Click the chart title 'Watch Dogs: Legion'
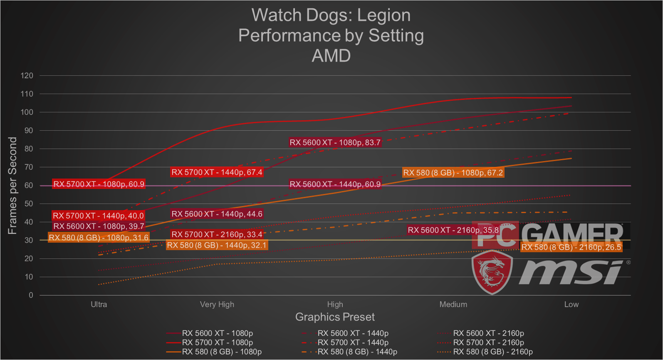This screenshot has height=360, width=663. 331,15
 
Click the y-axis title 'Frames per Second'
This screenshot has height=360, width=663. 12,186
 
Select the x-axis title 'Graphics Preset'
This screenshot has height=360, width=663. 335,317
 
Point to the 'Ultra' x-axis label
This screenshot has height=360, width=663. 99,304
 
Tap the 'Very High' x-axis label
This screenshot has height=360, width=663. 217,304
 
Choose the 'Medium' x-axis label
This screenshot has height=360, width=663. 453,304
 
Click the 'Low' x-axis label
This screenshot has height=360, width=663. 571,304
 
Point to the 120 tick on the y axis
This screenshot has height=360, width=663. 27,76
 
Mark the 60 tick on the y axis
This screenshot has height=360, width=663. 29,186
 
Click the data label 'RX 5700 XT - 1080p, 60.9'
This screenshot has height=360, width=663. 99,184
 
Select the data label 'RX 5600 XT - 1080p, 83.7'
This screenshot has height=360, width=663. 335,143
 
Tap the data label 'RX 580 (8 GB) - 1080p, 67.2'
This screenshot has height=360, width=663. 453,173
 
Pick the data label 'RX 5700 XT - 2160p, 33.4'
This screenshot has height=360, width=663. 217,235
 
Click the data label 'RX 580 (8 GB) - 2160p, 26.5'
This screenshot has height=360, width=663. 571,248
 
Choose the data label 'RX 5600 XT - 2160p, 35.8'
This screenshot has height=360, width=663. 453,230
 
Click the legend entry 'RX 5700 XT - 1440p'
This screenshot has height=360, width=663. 353,343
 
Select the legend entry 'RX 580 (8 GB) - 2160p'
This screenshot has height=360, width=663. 492,352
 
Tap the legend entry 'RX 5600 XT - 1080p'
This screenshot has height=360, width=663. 217,333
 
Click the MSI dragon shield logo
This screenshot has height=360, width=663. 492,272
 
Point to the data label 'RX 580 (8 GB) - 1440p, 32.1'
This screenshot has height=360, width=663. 217,246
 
